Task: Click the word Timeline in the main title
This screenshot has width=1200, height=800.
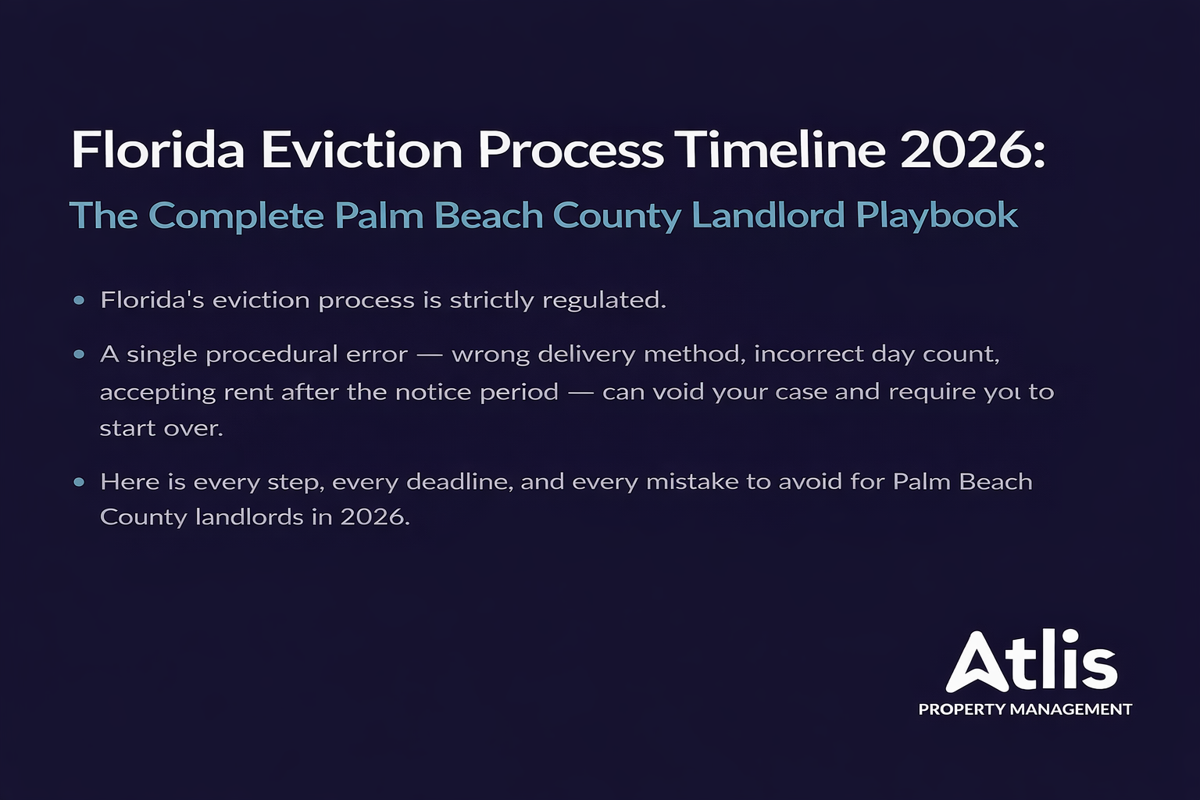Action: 780,149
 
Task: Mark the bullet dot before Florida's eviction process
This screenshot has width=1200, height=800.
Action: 79,300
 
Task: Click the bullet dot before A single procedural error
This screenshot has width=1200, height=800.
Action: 79,354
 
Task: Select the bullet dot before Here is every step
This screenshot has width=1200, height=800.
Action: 79,482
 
